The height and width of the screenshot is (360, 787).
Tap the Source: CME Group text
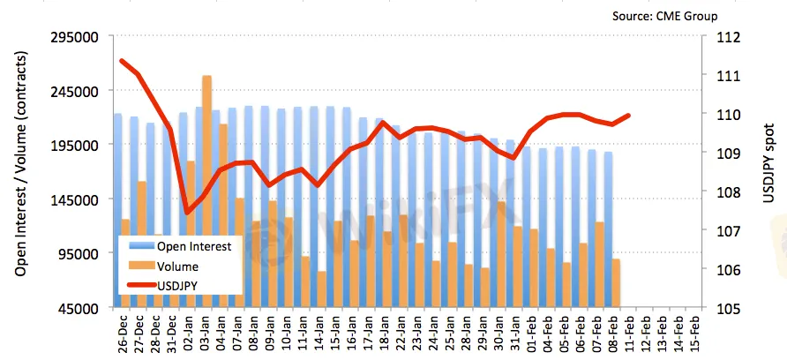click(664, 16)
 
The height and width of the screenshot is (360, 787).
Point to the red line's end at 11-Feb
click(629, 115)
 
